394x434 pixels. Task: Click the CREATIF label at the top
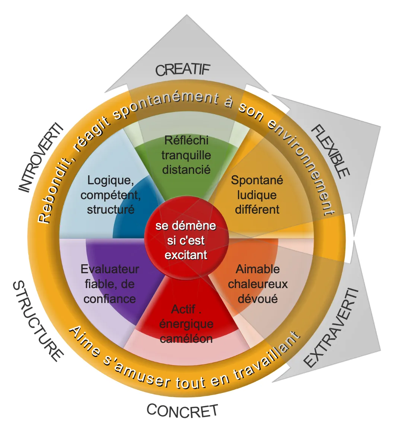(x=183, y=70)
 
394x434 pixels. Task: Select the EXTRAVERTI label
(x=332, y=328)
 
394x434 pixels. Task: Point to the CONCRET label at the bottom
(x=182, y=411)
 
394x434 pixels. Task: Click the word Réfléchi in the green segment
(x=186, y=140)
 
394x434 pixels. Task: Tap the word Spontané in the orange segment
(x=257, y=181)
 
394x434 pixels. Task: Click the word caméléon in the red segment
(x=186, y=338)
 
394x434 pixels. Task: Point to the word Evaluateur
(x=110, y=269)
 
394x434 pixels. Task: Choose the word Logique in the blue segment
(x=111, y=181)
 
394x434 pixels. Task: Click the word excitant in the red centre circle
(x=186, y=255)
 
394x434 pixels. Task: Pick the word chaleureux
(x=258, y=284)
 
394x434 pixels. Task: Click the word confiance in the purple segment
(x=109, y=299)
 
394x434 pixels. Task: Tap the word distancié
(x=186, y=170)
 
